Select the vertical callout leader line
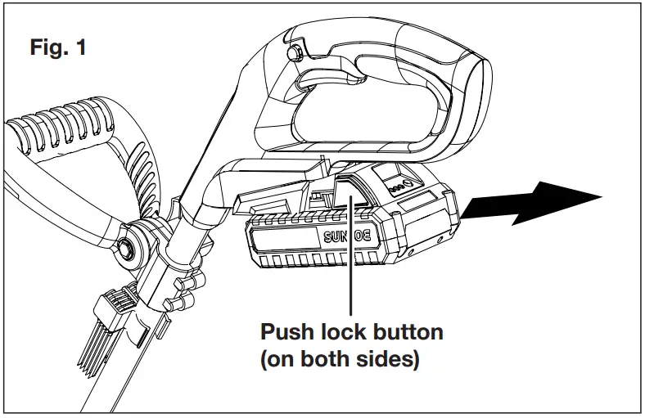pos(351,262)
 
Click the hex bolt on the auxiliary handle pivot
pos(129,246)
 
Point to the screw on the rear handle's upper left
pos(297,53)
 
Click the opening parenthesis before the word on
pos(264,360)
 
